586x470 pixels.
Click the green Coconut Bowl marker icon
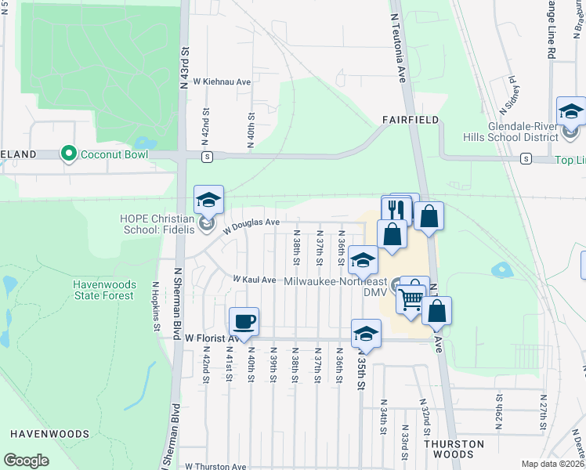[x=70, y=154]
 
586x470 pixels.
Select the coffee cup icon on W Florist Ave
[x=244, y=321]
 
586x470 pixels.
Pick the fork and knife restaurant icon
[x=396, y=210]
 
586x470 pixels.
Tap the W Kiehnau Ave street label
[x=221, y=81]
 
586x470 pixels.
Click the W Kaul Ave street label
[x=255, y=280]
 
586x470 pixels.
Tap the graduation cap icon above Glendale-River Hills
[x=570, y=112]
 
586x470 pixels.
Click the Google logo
[x=26, y=461]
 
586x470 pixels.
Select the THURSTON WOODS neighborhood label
[x=454, y=449]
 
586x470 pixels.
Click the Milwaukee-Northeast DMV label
[x=337, y=286]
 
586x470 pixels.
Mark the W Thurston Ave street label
[x=215, y=466]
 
